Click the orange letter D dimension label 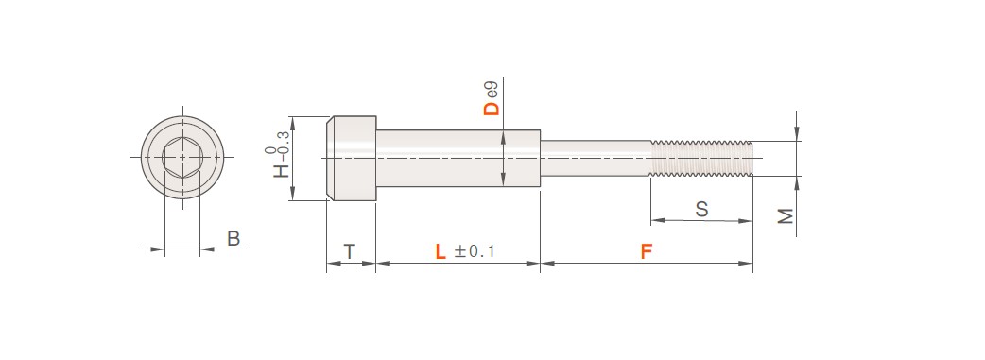pos(492,108)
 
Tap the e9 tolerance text pos(492,89)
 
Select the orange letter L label pos(441,252)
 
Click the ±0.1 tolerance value pos(475,252)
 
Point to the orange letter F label pos(647,252)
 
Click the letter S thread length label pos(701,209)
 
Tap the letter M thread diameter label pos(786,216)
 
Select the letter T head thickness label pos(349,252)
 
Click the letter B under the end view pos(233,239)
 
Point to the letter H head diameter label pos(282,171)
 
